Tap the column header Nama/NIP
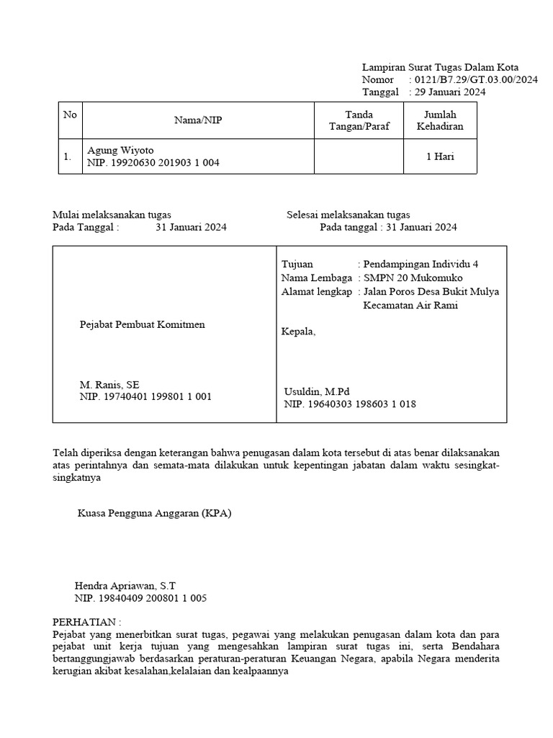(198, 120)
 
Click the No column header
(70, 115)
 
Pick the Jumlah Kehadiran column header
(440, 120)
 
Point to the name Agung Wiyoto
(120, 151)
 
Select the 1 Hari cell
(440, 156)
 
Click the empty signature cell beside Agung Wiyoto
(359, 156)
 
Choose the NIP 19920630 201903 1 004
(153, 163)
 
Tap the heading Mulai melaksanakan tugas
(112, 215)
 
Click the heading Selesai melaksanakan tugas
(349, 215)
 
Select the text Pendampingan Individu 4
(421, 264)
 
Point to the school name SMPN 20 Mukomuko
(413, 278)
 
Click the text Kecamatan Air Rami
(410, 305)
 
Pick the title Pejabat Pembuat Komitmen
(142, 324)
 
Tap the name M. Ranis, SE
(109, 385)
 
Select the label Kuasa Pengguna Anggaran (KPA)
(155, 514)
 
